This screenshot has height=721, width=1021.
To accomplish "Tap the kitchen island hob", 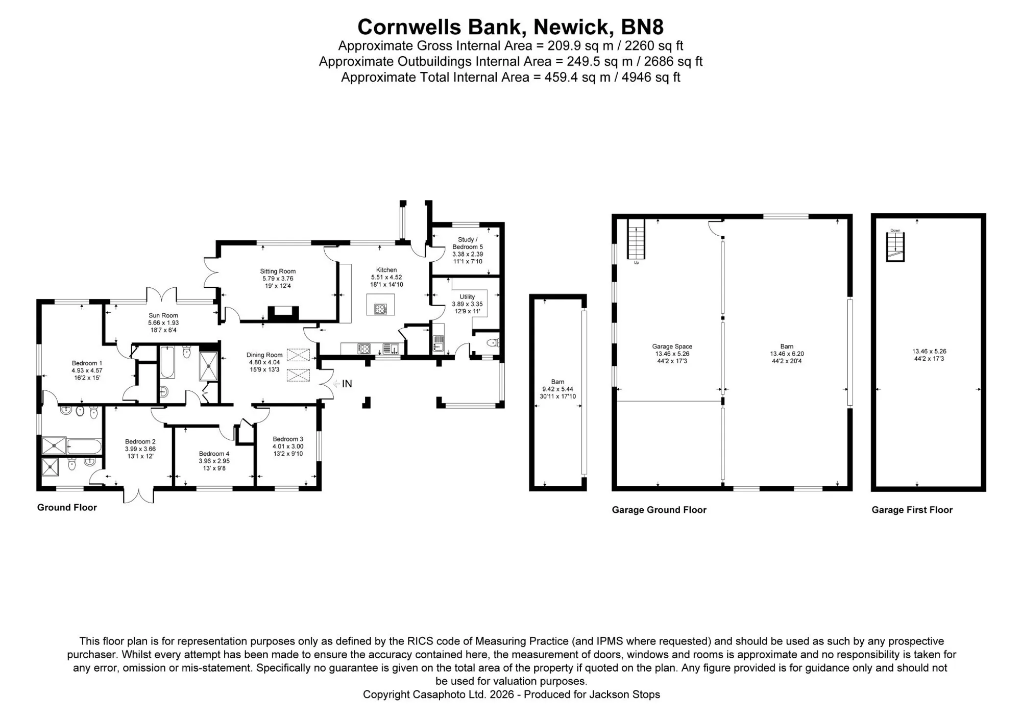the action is (x=381, y=309).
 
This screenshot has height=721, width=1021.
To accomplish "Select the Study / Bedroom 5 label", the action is (x=468, y=243).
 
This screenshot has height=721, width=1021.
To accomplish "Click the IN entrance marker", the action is (x=347, y=384).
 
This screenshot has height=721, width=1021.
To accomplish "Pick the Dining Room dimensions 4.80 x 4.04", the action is (x=264, y=362).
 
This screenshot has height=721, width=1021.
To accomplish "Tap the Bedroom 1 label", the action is (x=87, y=363).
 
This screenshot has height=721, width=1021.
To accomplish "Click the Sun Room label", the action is (x=163, y=315).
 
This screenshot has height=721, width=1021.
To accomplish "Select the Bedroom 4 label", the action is (x=214, y=454).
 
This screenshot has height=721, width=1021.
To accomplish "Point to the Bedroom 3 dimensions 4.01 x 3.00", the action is (x=288, y=446).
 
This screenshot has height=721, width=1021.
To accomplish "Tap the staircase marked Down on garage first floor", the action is (x=895, y=247).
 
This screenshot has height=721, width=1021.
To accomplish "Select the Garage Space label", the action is (x=672, y=346).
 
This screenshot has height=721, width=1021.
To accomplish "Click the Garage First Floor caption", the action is (x=912, y=510).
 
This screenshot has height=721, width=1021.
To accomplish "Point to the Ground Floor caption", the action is (x=67, y=507).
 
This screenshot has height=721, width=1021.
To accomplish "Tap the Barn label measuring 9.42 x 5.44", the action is (x=557, y=382).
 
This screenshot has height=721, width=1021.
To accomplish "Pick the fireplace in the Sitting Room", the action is (x=283, y=313).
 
